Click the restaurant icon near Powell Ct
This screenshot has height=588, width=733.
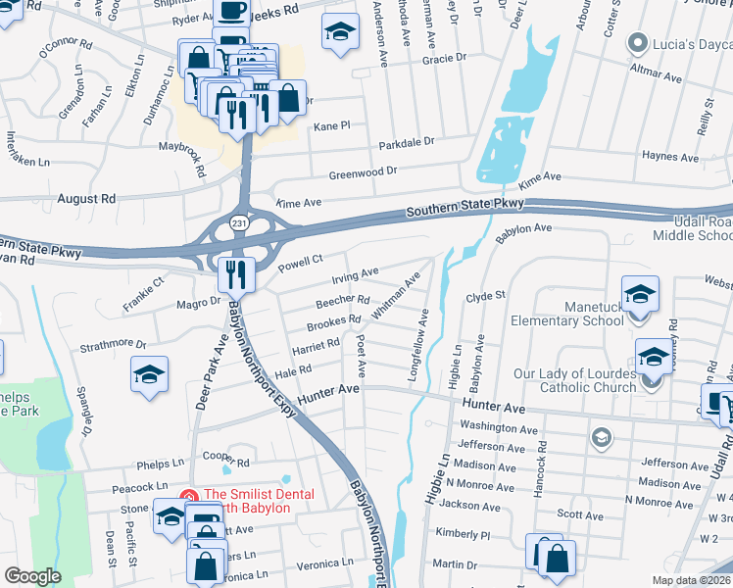click(x=236, y=274)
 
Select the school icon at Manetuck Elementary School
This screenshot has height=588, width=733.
click(x=640, y=293)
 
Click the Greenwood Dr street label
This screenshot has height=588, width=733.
click(x=363, y=171)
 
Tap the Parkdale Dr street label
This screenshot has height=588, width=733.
click(x=407, y=143)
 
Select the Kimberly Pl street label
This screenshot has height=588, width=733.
click(x=463, y=534)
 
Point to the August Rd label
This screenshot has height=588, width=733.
click(x=86, y=198)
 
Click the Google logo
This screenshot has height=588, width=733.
click(x=32, y=576)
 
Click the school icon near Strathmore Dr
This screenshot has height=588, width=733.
click(x=150, y=374)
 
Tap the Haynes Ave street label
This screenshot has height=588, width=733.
click(x=670, y=156)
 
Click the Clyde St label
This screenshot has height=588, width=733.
click(x=485, y=295)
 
